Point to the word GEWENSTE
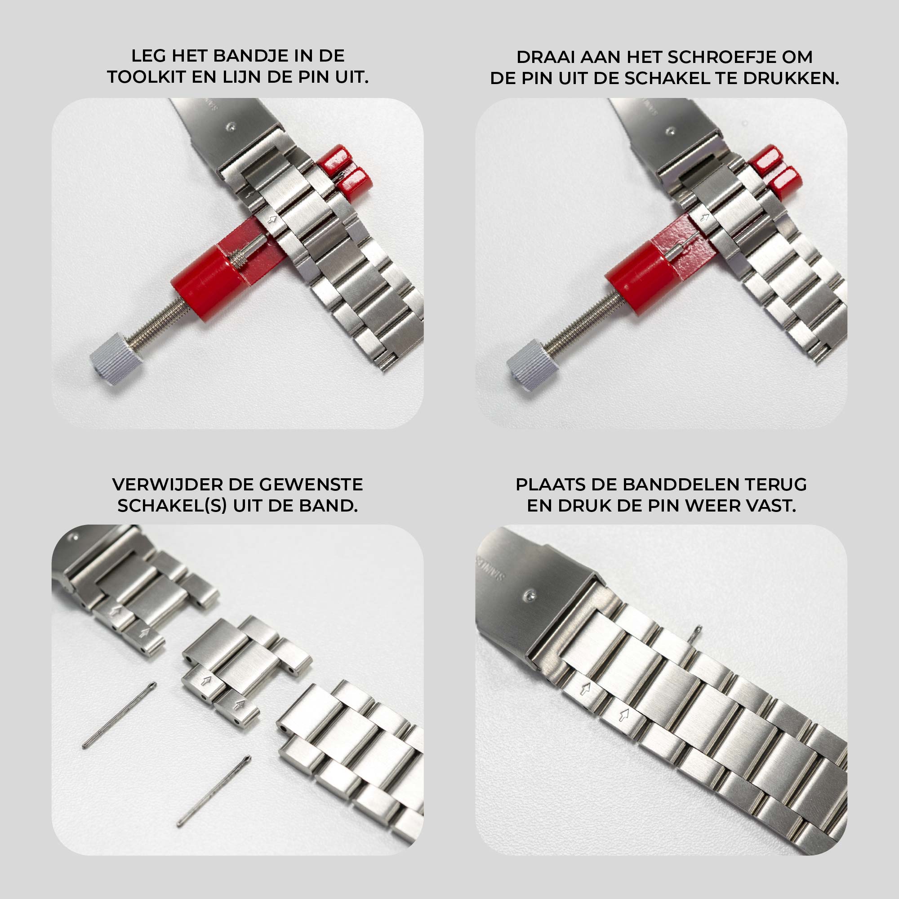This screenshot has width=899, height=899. click(x=311, y=485)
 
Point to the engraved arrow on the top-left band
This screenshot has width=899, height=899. click(x=273, y=219)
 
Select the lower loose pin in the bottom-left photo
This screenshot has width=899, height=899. click(x=214, y=791)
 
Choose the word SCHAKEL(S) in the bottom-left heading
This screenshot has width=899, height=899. click(x=172, y=506)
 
